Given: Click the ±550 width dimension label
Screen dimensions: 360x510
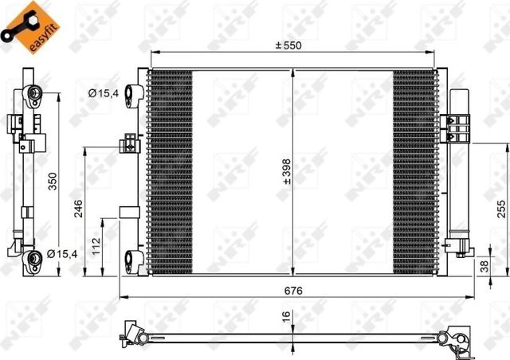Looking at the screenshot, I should click(x=288, y=45).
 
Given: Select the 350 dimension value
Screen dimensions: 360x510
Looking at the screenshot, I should click(x=52, y=183).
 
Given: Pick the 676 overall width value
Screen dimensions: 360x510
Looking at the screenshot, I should click(x=294, y=291).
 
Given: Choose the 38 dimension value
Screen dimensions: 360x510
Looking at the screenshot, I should click(x=484, y=268).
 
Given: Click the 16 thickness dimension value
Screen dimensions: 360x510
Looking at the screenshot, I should click(x=284, y=316).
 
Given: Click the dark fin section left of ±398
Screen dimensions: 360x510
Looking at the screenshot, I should click(x=171, y=171).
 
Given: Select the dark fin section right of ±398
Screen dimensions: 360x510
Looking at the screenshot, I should click(x=414, y=171).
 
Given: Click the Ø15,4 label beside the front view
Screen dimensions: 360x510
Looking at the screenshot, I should click(x=104, y=94).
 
